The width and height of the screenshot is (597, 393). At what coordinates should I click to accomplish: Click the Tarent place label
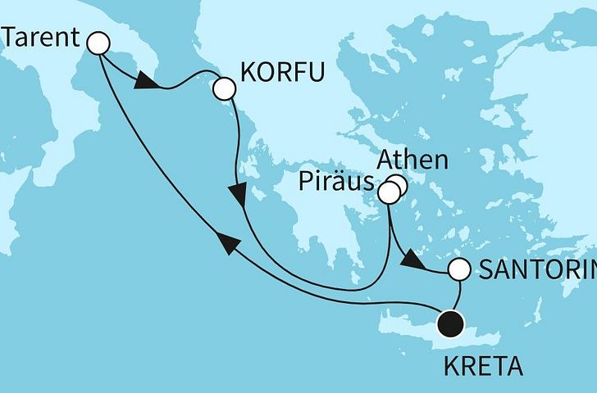coord(40,37)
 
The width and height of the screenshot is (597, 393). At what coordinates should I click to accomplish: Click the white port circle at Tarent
coord(99,42)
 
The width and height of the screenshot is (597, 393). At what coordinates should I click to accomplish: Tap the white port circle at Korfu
coord(223,88)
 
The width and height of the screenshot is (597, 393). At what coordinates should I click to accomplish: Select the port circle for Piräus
coord(388,193)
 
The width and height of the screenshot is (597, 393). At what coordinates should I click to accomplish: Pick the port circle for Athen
coord(398,184)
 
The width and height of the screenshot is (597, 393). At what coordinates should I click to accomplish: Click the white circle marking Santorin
coord(459,269)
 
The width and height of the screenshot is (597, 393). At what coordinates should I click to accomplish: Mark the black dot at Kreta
coord(450,325)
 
